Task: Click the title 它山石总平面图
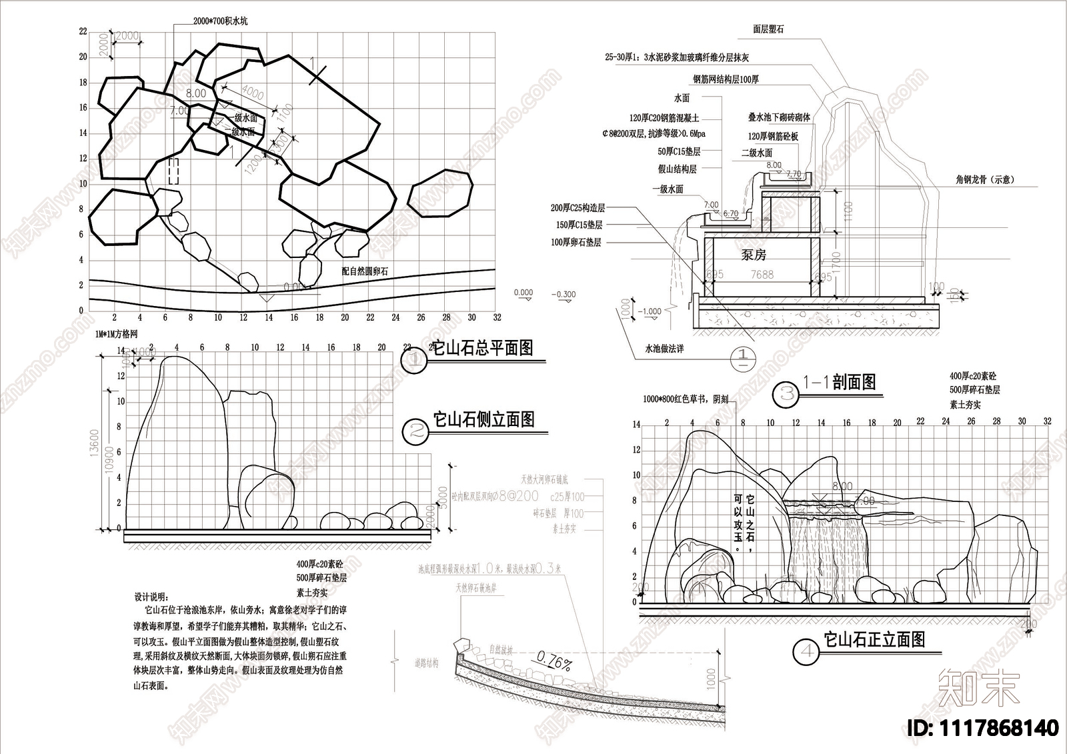click(x=483, y=348)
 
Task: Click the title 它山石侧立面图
click(x=484, y=419)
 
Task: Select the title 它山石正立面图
click(x=874, y=640)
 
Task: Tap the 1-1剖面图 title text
click(x=839, y=382)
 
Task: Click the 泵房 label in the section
click(x=754, y=255)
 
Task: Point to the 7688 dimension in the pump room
click(x=762, y=275)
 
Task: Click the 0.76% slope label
click(x=554, y=663)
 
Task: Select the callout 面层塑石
click(x=768, y=29)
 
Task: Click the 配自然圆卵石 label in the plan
click(x=364, y=272)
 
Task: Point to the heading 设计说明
click(x=151, y=596)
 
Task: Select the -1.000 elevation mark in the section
click(x=649, y=311)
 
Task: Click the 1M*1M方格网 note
click(x=115, y=334)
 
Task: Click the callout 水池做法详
click(x=664, y=349)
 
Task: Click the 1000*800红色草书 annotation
click(x=686, y=399)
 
